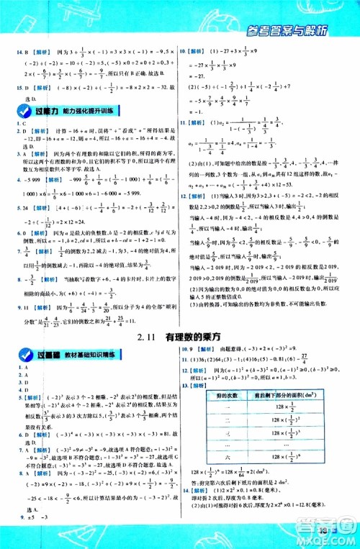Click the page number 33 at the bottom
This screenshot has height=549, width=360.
click(321, 532)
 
